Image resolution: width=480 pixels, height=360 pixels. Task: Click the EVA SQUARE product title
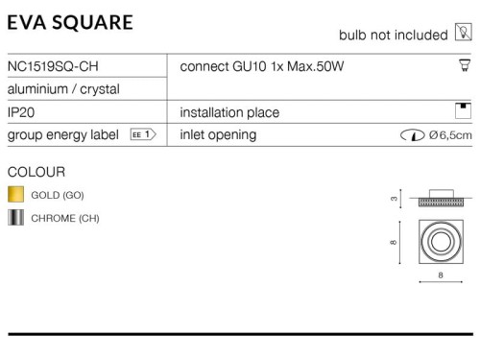pyautogui.click(x=70, y=22)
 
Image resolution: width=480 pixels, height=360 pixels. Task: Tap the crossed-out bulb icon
pyautogui.click(x=464, y=32)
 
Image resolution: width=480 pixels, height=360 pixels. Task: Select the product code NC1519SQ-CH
pyautogui.click(x=53, y=66)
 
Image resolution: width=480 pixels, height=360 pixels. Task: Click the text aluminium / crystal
pyautogui.click(x=63, y=89)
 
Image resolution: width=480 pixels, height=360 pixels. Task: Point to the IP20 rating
pyautogui.click(x=21, y=112)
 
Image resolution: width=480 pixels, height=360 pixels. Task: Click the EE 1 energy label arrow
pyautogui.click(x=143, y=134)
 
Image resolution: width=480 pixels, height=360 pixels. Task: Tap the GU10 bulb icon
pyautogui.click(x=465, y=65)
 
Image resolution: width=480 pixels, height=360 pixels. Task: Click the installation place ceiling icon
pyautogui.click(x=463, y=110)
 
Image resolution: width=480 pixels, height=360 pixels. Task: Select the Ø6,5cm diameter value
pyautogui.click(x=450, y=135)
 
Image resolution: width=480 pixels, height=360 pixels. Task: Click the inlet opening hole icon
pyautogui.click(x=413, y=135)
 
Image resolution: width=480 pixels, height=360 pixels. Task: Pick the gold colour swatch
pyautogui.click(x=15, y=194)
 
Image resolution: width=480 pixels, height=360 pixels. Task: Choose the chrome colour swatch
pyautogui.click(x=15, y=218)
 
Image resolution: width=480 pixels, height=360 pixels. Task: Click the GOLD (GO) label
pyautogui.click(x=58, y=195)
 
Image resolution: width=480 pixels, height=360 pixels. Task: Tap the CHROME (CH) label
pyautogui.click(x=65, y=218)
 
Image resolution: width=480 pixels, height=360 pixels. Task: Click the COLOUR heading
pyautogui.click(x=36, y=172)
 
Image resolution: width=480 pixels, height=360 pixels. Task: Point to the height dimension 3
pyautogui.click(x=394, y=199)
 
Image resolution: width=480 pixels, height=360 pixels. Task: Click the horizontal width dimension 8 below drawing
pyautogui.click(x=441, y=276)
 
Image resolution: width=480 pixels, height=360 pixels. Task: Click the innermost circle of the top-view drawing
pyautogui.click(x=441, y=242)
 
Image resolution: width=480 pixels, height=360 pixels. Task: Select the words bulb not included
pyautogui.click(x=394, y=35)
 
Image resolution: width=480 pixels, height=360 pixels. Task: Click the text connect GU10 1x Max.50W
pyautogui.click(x=262, y=66)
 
